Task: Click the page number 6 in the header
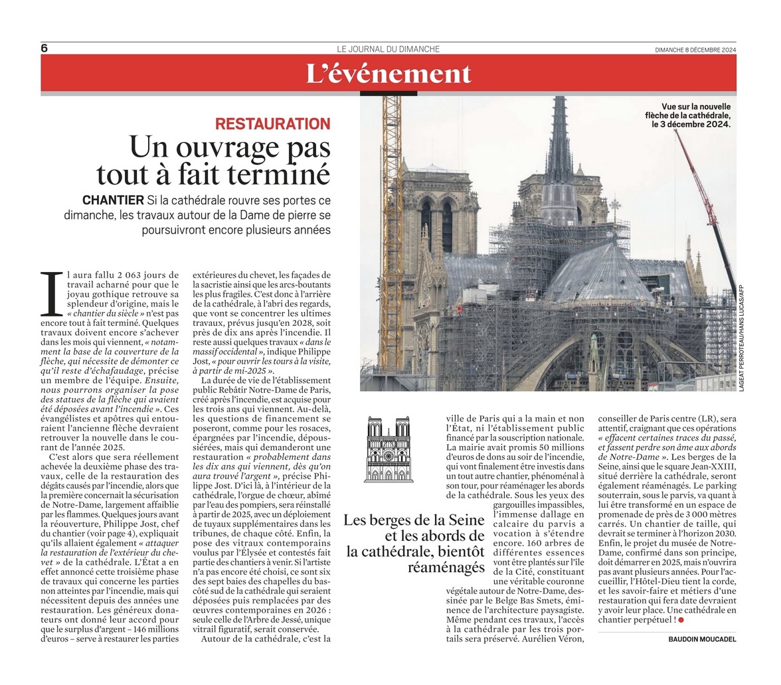tap(44, 48)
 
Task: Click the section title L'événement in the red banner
tap(389, 74)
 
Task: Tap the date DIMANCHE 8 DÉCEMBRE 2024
tap(695, 50)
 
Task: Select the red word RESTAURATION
tap(272, 123)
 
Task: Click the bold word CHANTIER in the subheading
tap(113, 200)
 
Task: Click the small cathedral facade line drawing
tap(389, 449)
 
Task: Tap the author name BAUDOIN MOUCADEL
tap(702, 639)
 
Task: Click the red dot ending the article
tap(681, 620)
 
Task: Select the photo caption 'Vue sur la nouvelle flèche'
tap(695, 115)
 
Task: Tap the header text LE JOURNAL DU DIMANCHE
tap(388, 49)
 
